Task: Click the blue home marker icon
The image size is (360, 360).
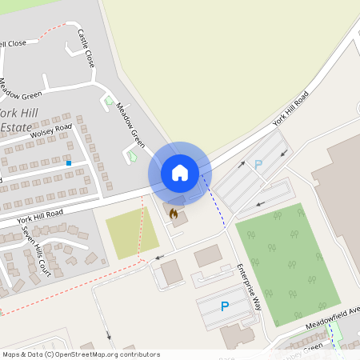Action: (179, 172)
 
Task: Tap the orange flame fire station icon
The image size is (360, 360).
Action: (173, 213)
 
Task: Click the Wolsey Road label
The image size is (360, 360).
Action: (51, 131)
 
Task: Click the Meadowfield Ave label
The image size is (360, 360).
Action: (332, 319)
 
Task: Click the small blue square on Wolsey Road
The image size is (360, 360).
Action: (69, 163)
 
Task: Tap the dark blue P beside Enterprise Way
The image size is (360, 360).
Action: (225, 306)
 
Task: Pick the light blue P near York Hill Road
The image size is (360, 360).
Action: (258, 165)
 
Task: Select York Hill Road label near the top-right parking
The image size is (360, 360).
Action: (290, 110)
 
